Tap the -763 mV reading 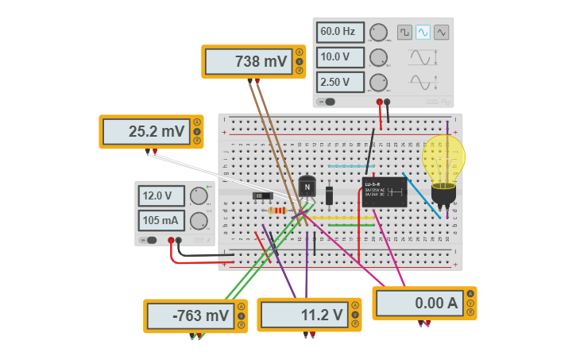[x=191, y=315]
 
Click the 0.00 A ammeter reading [x=419, y=303]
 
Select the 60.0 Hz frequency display [x=340, y=33]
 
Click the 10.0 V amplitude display [x=340, y=57]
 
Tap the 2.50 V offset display [x=340, y=82]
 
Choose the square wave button [x=404, y=32]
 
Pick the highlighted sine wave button [x=423, y=32]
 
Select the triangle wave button [x=441, y=32]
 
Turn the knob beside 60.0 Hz [x=379, y=33]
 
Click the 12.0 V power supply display [x=162, y=195]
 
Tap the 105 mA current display [x=162, y=220]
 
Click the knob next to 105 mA [x=199, y=221]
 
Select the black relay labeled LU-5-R [x=385, y=192]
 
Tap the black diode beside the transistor [x=330, y=195]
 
